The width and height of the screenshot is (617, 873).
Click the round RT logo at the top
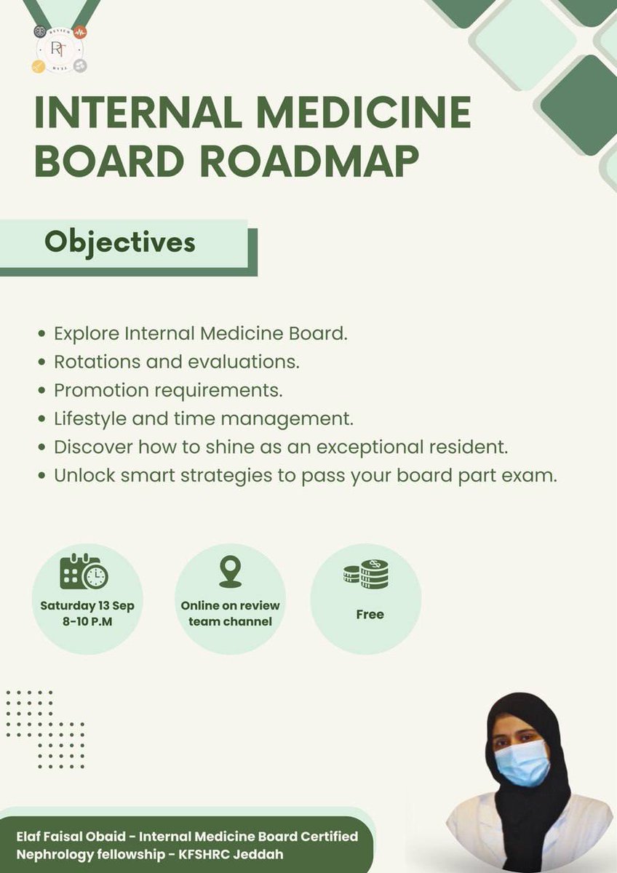coord(60,48)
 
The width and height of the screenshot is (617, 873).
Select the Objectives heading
coord(120,242)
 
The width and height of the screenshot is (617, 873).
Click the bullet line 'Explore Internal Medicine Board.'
coord(201,335)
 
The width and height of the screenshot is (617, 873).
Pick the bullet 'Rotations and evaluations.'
coord(176,361)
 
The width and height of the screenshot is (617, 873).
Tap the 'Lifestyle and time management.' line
coord(202,418)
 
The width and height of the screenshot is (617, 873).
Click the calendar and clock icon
coord(84,571)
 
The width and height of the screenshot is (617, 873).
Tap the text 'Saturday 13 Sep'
coord(87,605)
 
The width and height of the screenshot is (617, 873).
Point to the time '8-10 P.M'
coord(87,621)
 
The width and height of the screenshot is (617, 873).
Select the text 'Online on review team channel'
coord(230,613)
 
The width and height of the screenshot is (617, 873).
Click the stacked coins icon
coord(366,575)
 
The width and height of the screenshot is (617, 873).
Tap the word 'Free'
coord(370,614)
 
